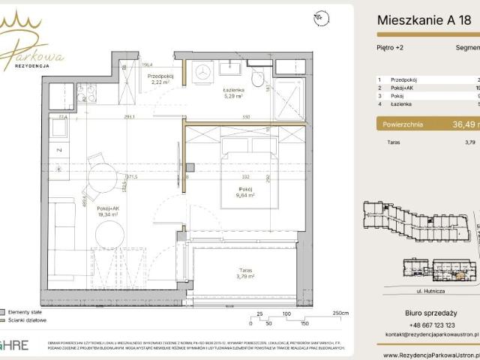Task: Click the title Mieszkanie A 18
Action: click(x=424, y=21)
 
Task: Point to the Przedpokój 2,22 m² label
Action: click(x=161, y=78)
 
